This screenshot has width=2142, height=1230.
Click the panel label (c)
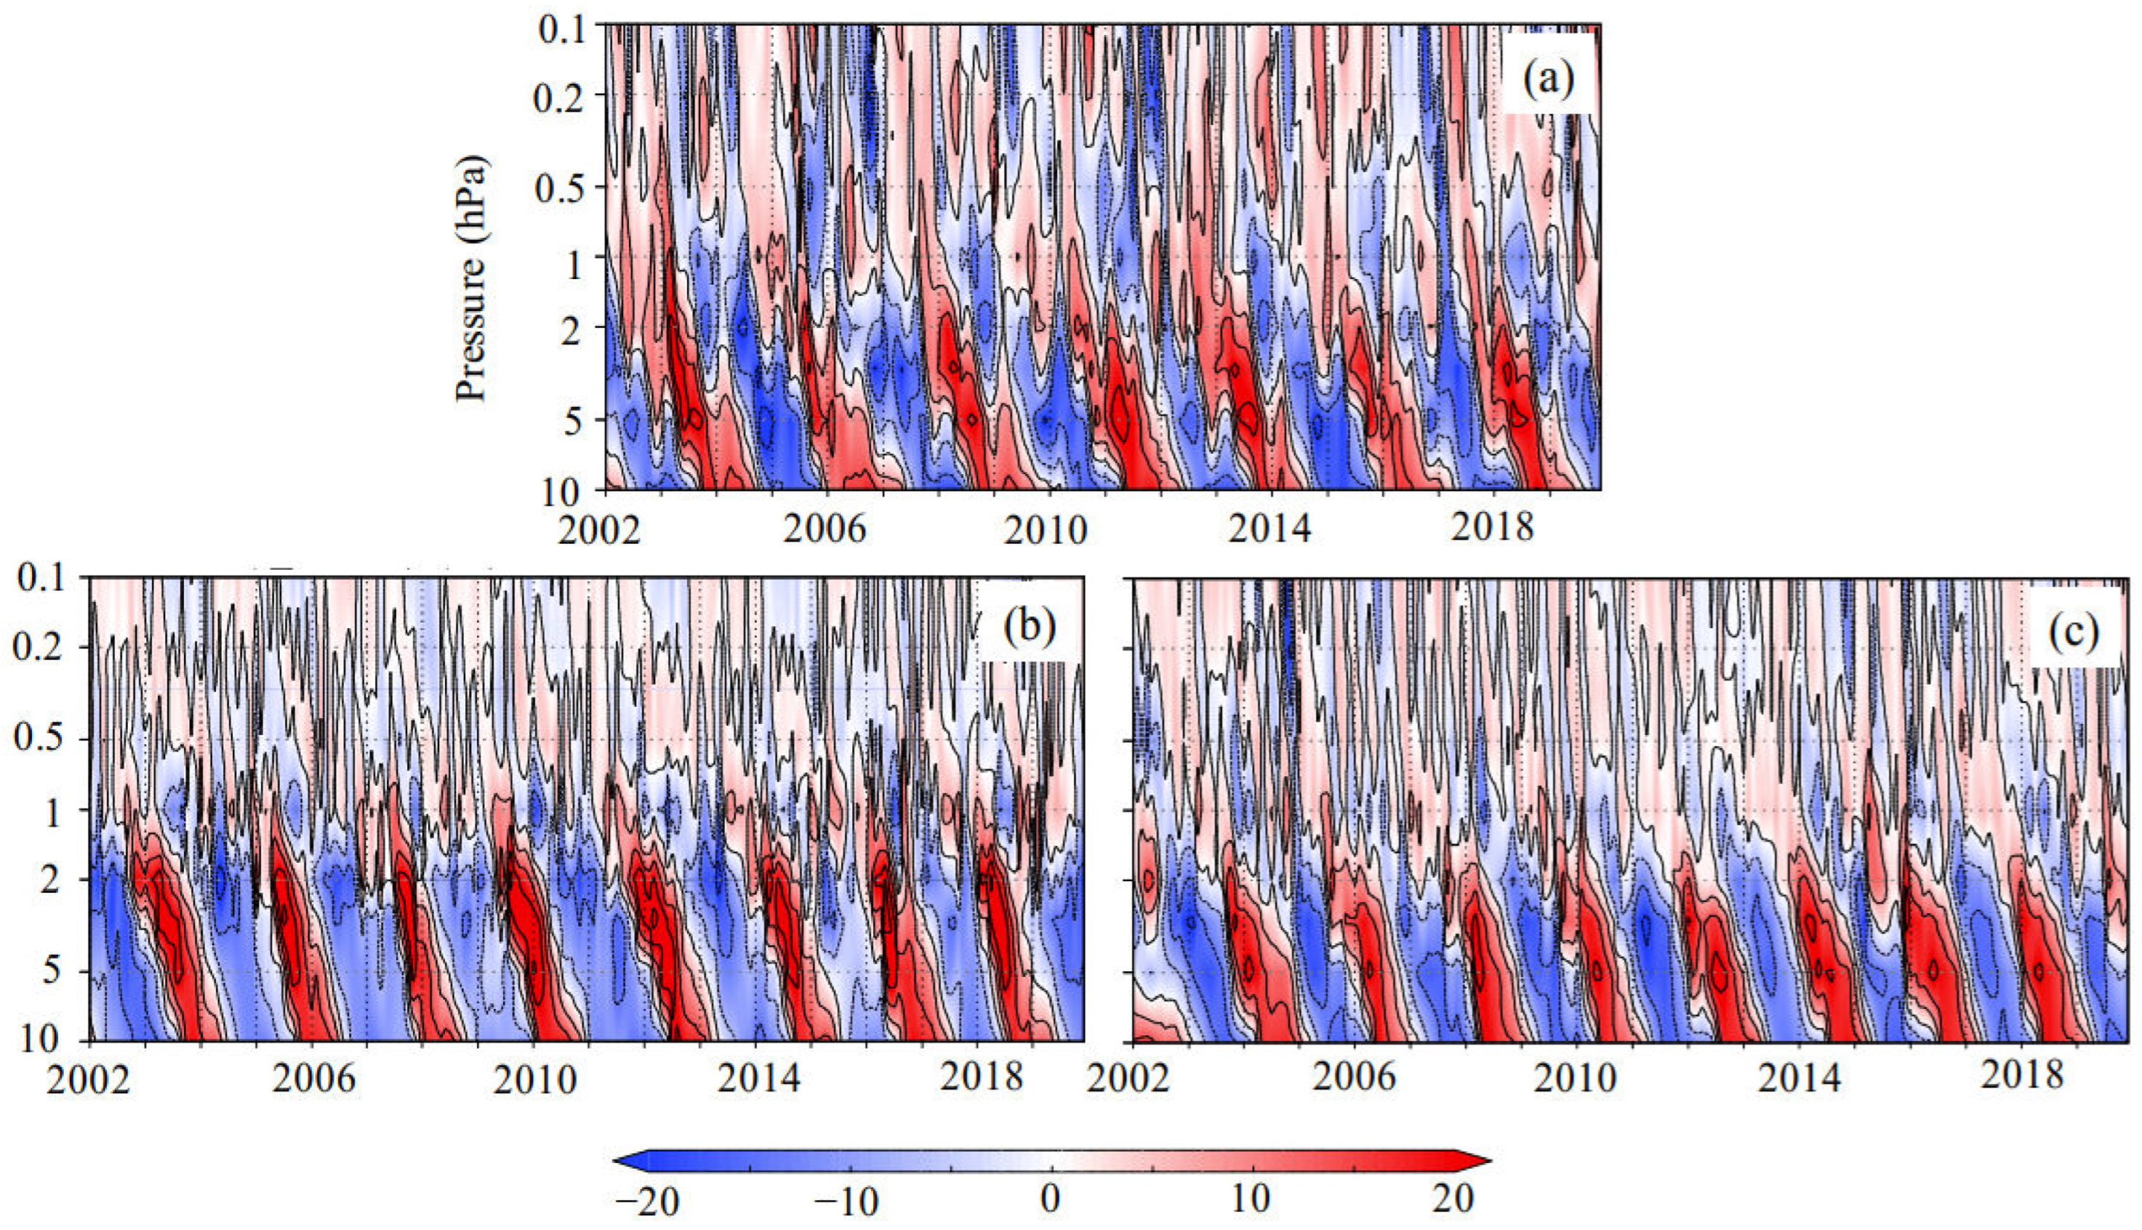tap(2074, 632)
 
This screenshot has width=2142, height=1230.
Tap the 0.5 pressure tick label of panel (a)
tap(561, 188)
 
